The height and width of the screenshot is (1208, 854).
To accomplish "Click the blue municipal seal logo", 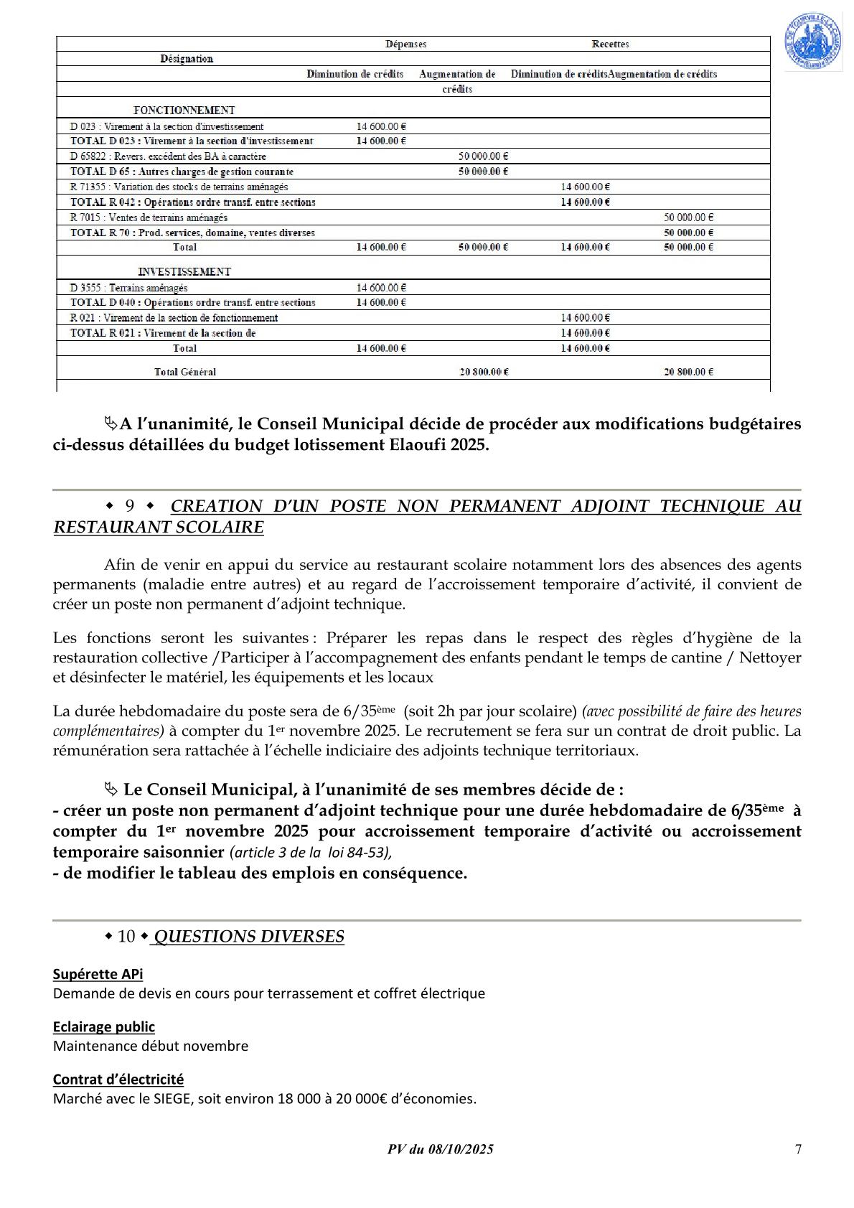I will (812, 42).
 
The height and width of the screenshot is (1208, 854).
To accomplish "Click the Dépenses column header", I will (405, 45).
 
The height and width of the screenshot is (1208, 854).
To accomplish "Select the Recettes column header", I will (610, 45).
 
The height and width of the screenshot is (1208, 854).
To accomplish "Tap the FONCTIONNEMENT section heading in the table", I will (184, 111).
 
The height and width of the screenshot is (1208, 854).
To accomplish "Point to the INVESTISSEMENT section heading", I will (184, 272).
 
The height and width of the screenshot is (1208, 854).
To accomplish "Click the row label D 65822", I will (168, 156).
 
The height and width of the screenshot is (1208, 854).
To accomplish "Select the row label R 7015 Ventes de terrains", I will (149, 217).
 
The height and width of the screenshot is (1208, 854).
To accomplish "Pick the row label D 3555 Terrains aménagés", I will (129, 288).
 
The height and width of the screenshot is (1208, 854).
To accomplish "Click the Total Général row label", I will (185, 372).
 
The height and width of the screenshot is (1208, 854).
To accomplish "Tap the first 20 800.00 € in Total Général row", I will (484, 372).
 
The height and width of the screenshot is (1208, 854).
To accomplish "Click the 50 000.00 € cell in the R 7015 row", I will (688, 217).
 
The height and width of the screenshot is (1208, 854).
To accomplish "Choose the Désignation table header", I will (187, 59).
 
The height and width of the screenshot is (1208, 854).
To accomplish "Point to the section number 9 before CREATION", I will (130, 506).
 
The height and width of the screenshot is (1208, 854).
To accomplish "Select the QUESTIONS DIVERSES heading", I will (249, 937).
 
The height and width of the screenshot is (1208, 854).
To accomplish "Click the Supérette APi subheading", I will (98, 974).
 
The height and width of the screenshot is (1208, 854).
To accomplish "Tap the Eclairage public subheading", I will (104, 1026).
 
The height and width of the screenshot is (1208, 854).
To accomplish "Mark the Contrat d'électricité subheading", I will (118, 1079).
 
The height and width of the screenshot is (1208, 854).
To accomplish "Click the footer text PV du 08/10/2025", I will (440, 1149).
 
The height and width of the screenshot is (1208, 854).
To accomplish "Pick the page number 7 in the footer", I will (798, 1149).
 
